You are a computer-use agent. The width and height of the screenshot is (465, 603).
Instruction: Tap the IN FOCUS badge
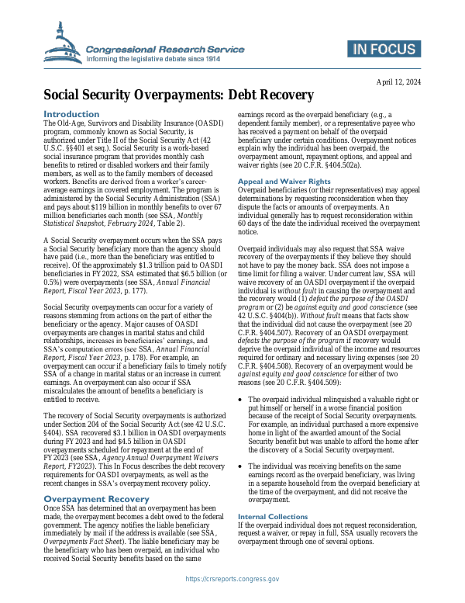click(x=384, y=50)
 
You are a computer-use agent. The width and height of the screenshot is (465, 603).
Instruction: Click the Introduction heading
click(x=72, y=114)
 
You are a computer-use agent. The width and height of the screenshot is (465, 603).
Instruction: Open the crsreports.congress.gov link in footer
click(x=232, y=579)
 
